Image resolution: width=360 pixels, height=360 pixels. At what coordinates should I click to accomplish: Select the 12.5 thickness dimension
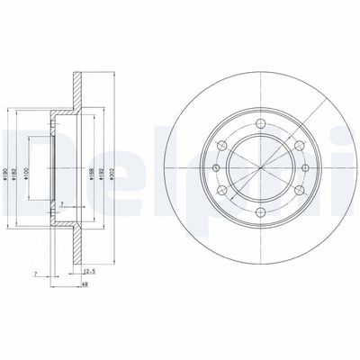point(88,269)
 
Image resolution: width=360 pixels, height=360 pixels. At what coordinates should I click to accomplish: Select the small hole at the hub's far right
point(304,169)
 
